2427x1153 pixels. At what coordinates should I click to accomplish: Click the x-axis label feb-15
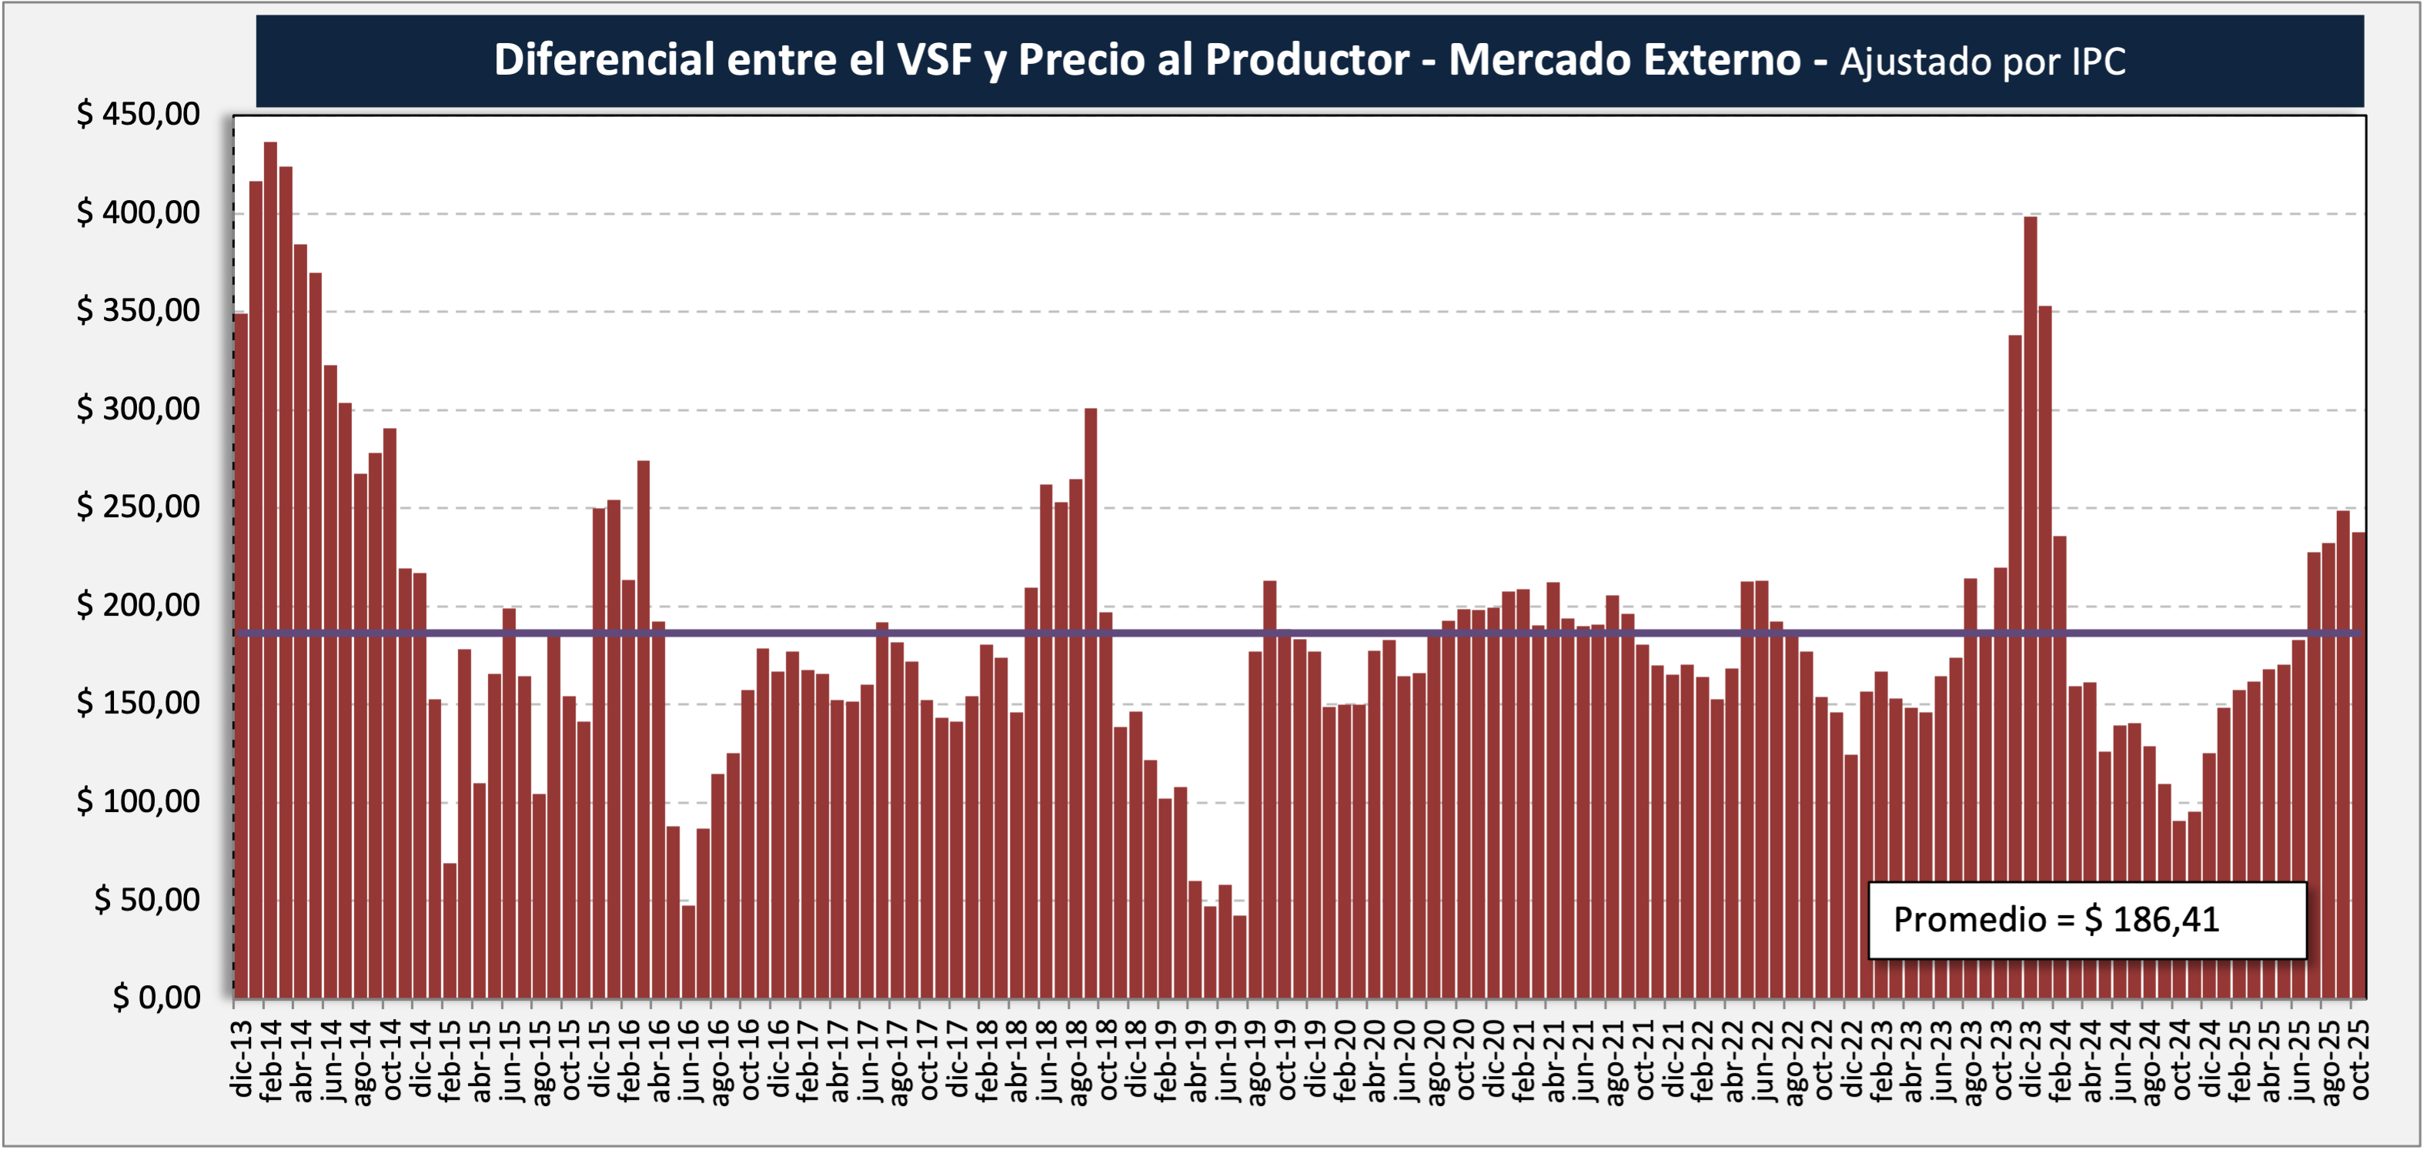(x=450, y=1060)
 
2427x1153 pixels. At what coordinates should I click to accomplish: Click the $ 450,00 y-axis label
(x=139, y=114)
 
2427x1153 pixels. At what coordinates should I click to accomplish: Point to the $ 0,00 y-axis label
(x=156, y=998)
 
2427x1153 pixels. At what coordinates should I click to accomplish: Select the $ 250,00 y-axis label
(x=139, y=506)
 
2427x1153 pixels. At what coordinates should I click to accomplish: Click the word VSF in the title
(x=934, y=60)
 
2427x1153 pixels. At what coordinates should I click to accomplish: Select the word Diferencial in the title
(x=604, y=60)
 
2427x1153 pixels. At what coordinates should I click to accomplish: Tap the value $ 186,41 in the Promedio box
(x=2152, y=919)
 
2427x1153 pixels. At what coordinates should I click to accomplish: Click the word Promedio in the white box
(x=1970, y=919)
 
